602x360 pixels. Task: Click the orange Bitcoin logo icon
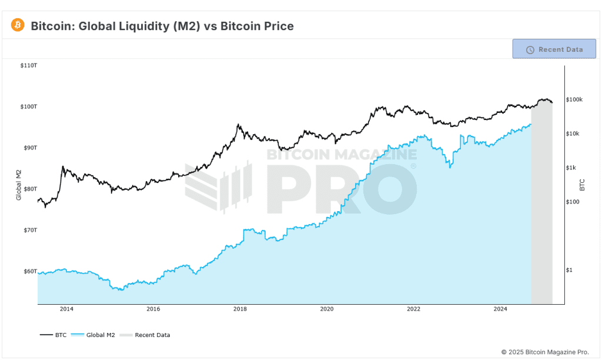18,25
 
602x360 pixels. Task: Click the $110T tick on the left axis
29,66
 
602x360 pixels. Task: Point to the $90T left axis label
31,148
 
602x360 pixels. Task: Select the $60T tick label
31,271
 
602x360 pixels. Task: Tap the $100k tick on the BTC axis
574,99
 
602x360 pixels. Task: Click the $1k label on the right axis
571,168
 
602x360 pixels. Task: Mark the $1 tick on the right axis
569,270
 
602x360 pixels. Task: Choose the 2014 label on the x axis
66,309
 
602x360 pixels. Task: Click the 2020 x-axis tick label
327,309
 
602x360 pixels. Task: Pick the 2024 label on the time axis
500,309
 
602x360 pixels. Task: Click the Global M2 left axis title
18,185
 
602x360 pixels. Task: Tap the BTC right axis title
582,185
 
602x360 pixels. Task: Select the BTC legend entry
53,335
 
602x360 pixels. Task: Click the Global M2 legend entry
93,335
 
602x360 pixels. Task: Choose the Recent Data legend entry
145,335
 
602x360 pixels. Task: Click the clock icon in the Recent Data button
530,49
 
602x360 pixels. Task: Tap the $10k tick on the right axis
573,134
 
